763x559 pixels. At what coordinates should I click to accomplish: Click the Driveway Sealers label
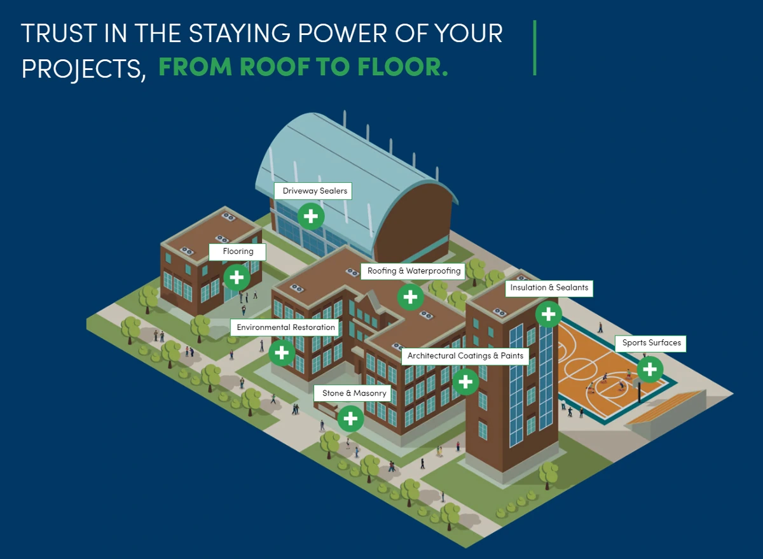[x=313, y=191]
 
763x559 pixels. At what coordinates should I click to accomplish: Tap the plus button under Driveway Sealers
[x=311, y=216]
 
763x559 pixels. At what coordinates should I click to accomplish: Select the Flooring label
[x=237, y=251]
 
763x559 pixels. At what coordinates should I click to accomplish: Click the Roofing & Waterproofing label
[x=413, y=271]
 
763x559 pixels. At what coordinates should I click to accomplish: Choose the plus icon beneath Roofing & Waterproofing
[x=411, y=297]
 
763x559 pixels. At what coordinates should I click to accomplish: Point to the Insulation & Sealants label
[x=549, y=288]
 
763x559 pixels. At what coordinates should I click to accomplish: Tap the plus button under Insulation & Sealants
[x=548, y=314]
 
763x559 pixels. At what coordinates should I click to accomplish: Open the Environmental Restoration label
[x=285, y=327]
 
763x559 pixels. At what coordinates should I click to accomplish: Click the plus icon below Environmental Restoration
[x=282, y=353]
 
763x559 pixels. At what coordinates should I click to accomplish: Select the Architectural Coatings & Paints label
[x=465, y=357]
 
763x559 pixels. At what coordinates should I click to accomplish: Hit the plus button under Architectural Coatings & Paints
[x=465, y=382]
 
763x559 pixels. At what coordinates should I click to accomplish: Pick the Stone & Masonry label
[x=352, y=393]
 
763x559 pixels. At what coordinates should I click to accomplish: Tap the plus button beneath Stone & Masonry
[x=350, y=418]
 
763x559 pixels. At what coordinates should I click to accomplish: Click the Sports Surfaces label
[x=650, y=343]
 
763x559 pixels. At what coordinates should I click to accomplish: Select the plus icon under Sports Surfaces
[x=650, y=369]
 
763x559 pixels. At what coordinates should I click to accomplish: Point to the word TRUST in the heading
[x=59, y=33]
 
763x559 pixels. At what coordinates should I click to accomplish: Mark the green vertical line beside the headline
[x=535, y=48]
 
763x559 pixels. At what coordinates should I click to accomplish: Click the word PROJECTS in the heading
[x=81, y=69]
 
